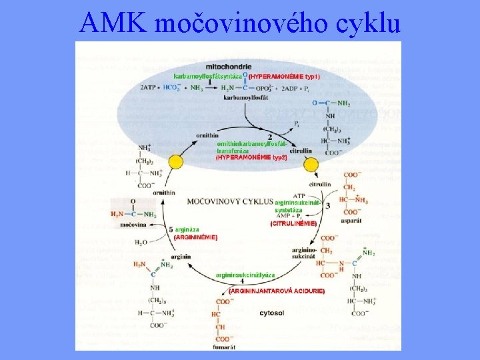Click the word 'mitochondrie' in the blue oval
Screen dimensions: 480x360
coord(229,67)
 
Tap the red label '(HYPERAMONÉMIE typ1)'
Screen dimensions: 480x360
coord(285,77)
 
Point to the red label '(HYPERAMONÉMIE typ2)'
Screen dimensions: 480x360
coord(251,157)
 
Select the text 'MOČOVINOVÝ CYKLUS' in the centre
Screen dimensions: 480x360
coord(231,200)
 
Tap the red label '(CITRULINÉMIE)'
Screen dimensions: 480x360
coord(293,224)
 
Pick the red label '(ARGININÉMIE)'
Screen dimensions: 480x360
coord(195,237)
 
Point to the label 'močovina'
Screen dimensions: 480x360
coord(134,225)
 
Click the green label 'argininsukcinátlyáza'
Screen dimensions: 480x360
coord(245,275)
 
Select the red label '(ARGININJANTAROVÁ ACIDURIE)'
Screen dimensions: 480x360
coord(276,291)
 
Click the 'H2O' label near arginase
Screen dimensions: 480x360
coord(141,243)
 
